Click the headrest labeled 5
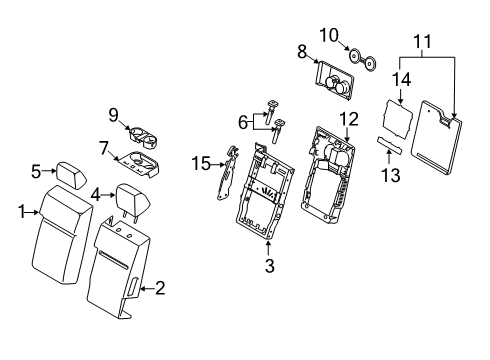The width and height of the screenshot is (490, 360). click(74, 170)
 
